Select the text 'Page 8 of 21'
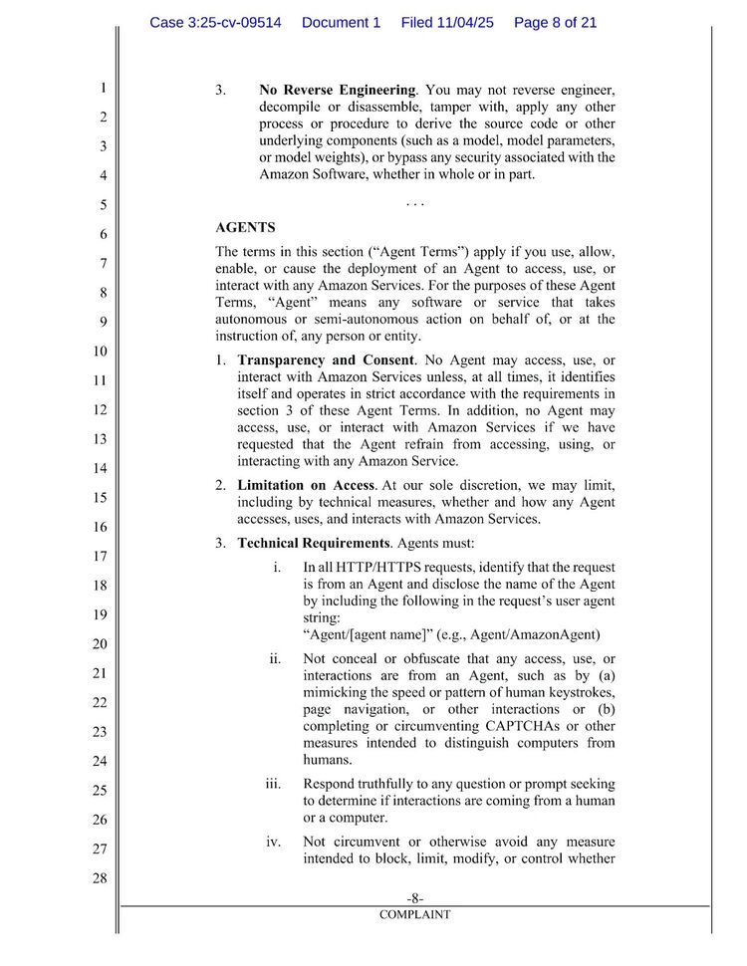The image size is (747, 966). (556, 22)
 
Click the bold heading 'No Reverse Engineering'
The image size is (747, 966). (337, 91)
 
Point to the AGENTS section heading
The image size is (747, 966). (245, 228)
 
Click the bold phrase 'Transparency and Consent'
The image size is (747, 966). (326, 360)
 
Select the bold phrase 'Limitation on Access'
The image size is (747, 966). (306, 485)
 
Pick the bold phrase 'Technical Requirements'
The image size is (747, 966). (314, 543)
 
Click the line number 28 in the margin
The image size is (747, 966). (100, 878)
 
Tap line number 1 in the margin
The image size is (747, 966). (103, 89)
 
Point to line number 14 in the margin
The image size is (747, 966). (100, 468)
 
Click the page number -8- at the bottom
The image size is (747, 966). (414, 898)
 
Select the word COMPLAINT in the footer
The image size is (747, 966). (414, 914)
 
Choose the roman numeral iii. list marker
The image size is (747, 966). (274, 784)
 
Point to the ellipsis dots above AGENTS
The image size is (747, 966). (415, 204)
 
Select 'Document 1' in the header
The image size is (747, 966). (341, 22)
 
